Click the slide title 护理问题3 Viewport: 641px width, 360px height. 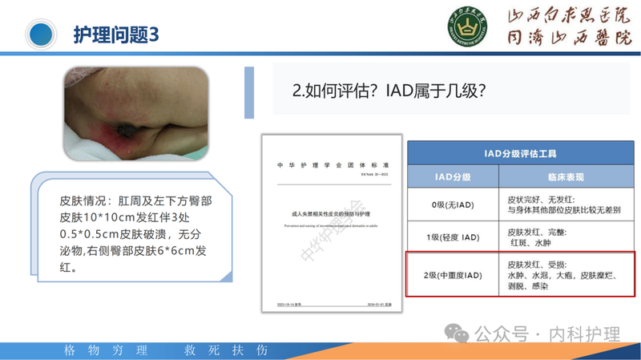click(x=115, y=34)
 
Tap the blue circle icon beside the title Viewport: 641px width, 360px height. click(x=42, y=34)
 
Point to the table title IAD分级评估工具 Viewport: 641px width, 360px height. click(x=521, y=152)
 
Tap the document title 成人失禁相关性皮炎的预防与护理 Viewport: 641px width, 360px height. click(x=331, y=214)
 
